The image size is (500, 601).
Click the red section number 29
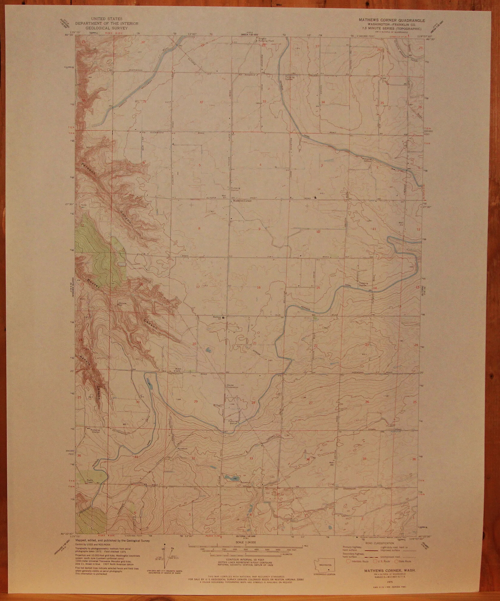coord(196,401)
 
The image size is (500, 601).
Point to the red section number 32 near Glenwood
coord(202,102)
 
